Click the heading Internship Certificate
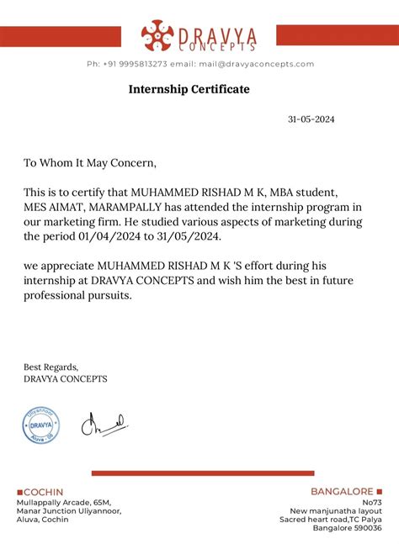coord(189,88)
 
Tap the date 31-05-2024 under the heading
coord(311,119)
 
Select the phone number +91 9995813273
coord(136,64)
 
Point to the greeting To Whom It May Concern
coord(90,162)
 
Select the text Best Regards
coord(51,367)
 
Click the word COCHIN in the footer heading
coord(43,492)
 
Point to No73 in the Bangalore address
coord(371,502)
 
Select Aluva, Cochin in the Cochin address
coord(43,520)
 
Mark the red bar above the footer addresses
coord(202,473)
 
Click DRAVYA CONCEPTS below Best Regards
coord(66,378)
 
